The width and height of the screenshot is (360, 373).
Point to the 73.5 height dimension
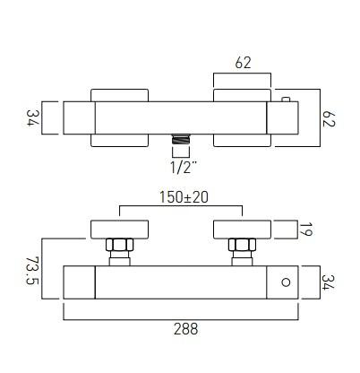point(31,271)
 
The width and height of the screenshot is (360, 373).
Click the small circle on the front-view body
point(285,282)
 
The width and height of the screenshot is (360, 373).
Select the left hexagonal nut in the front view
point(119,246)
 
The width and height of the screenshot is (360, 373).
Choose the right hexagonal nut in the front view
point(241,246)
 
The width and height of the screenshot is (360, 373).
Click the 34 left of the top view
point(31,117)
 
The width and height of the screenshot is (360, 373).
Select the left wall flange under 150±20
point(119,229)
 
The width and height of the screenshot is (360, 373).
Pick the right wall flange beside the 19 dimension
point(241,229)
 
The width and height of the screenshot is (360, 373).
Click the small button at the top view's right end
point(285,98)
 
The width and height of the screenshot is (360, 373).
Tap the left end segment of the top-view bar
point(77,117)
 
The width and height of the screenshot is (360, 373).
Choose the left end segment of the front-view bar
point(78,282)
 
